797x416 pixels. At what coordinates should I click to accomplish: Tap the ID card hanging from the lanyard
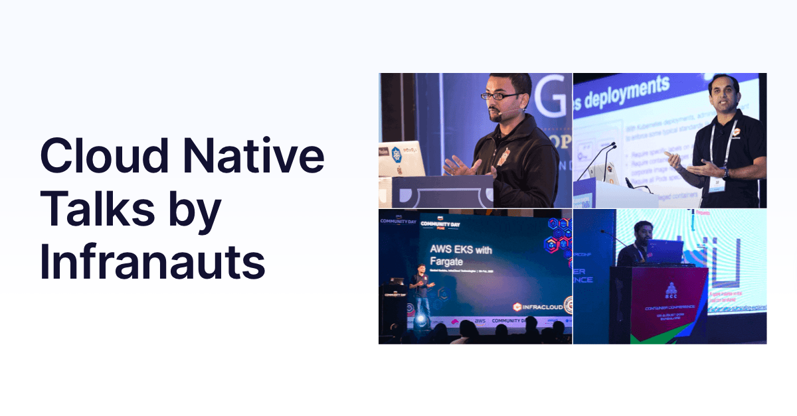[715, 184]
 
